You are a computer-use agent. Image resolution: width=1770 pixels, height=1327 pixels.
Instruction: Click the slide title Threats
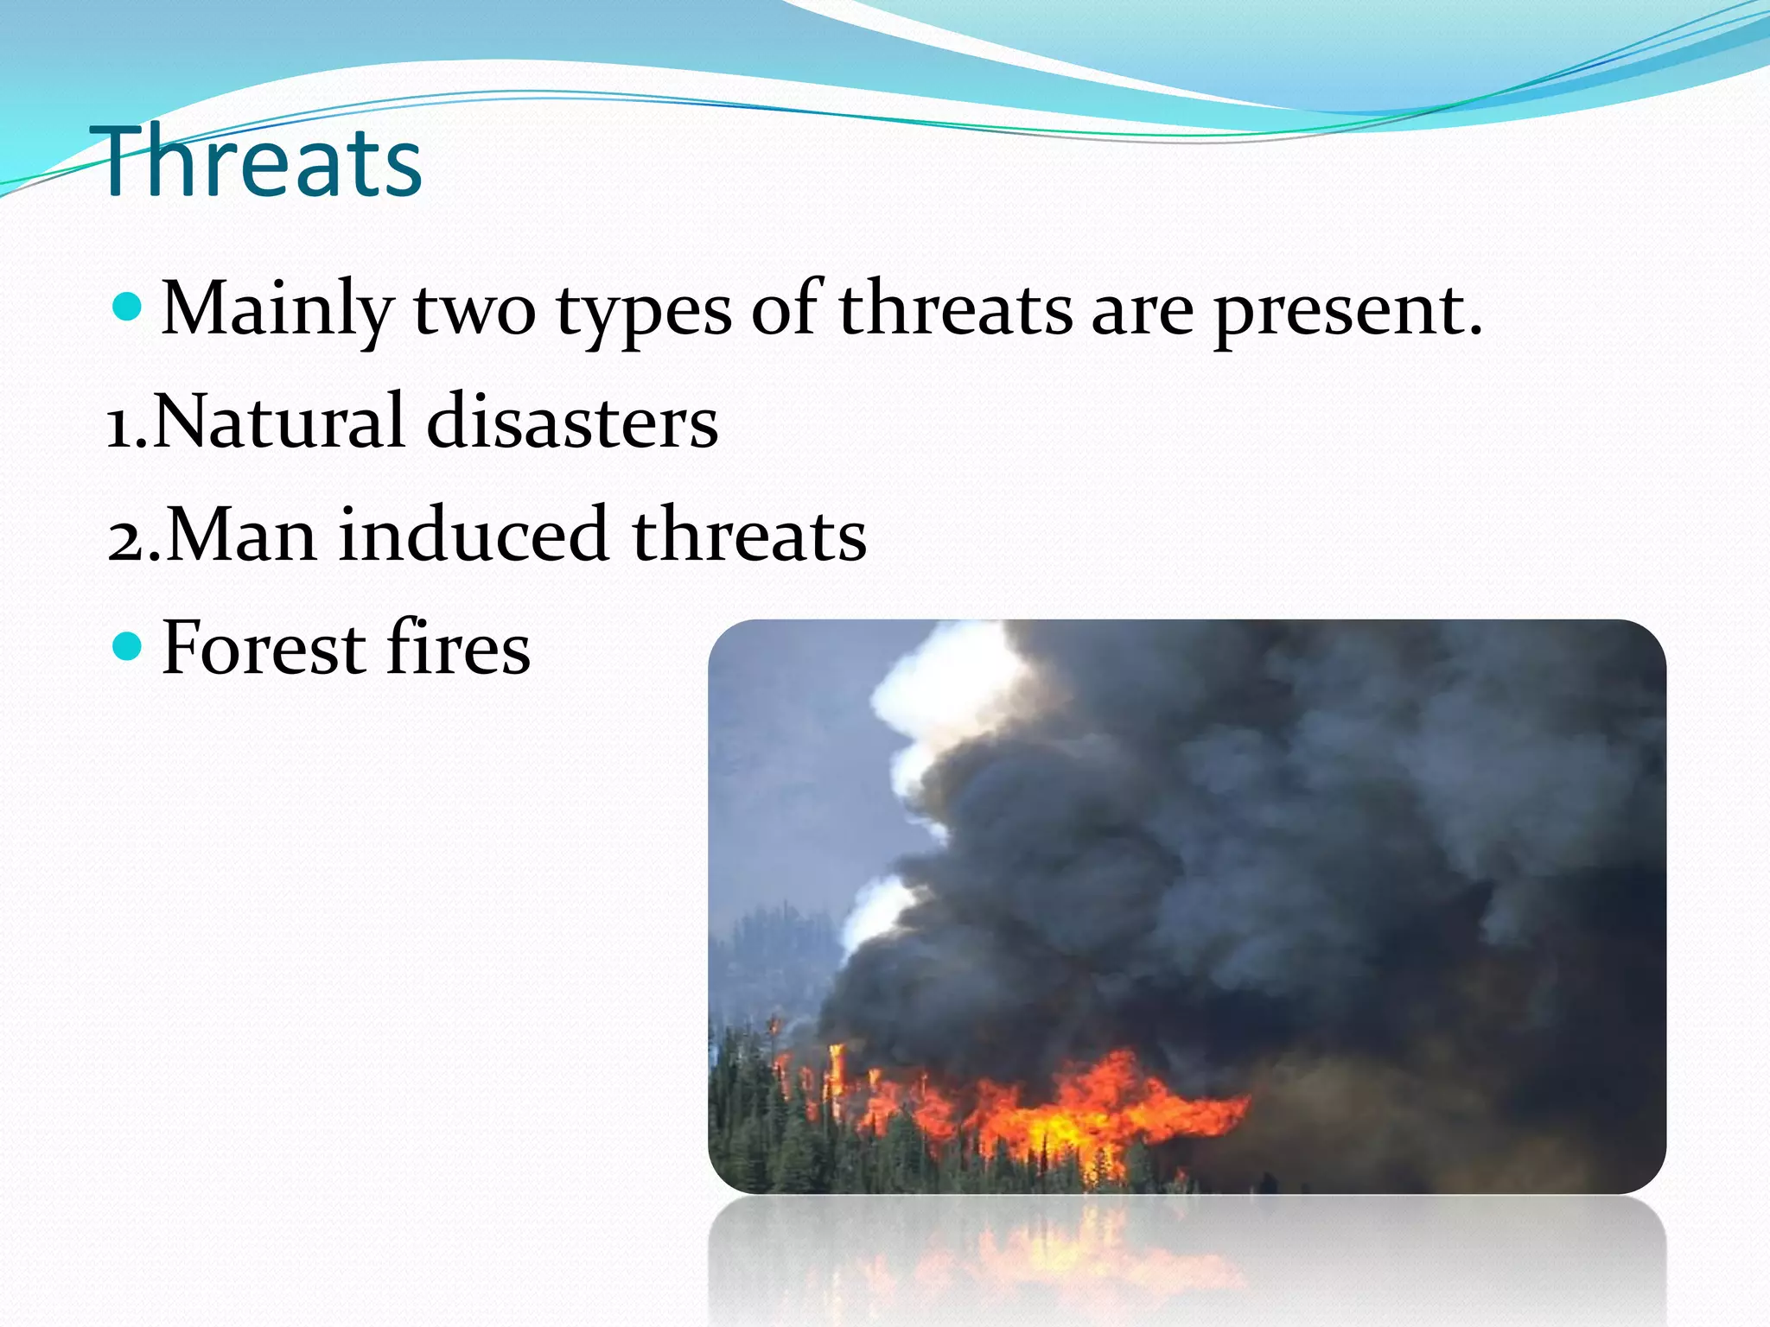[259, 162]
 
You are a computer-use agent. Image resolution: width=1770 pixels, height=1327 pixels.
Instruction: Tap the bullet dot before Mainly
[127, 307]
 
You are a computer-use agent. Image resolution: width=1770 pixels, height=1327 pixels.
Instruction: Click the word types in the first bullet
[644, 313]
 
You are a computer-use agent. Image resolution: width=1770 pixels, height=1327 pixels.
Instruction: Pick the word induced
[474, 535]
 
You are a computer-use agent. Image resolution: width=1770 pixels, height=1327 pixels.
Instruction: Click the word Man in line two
[241, 535]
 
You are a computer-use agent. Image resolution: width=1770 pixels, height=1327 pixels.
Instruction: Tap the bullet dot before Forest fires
[127, 645]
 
